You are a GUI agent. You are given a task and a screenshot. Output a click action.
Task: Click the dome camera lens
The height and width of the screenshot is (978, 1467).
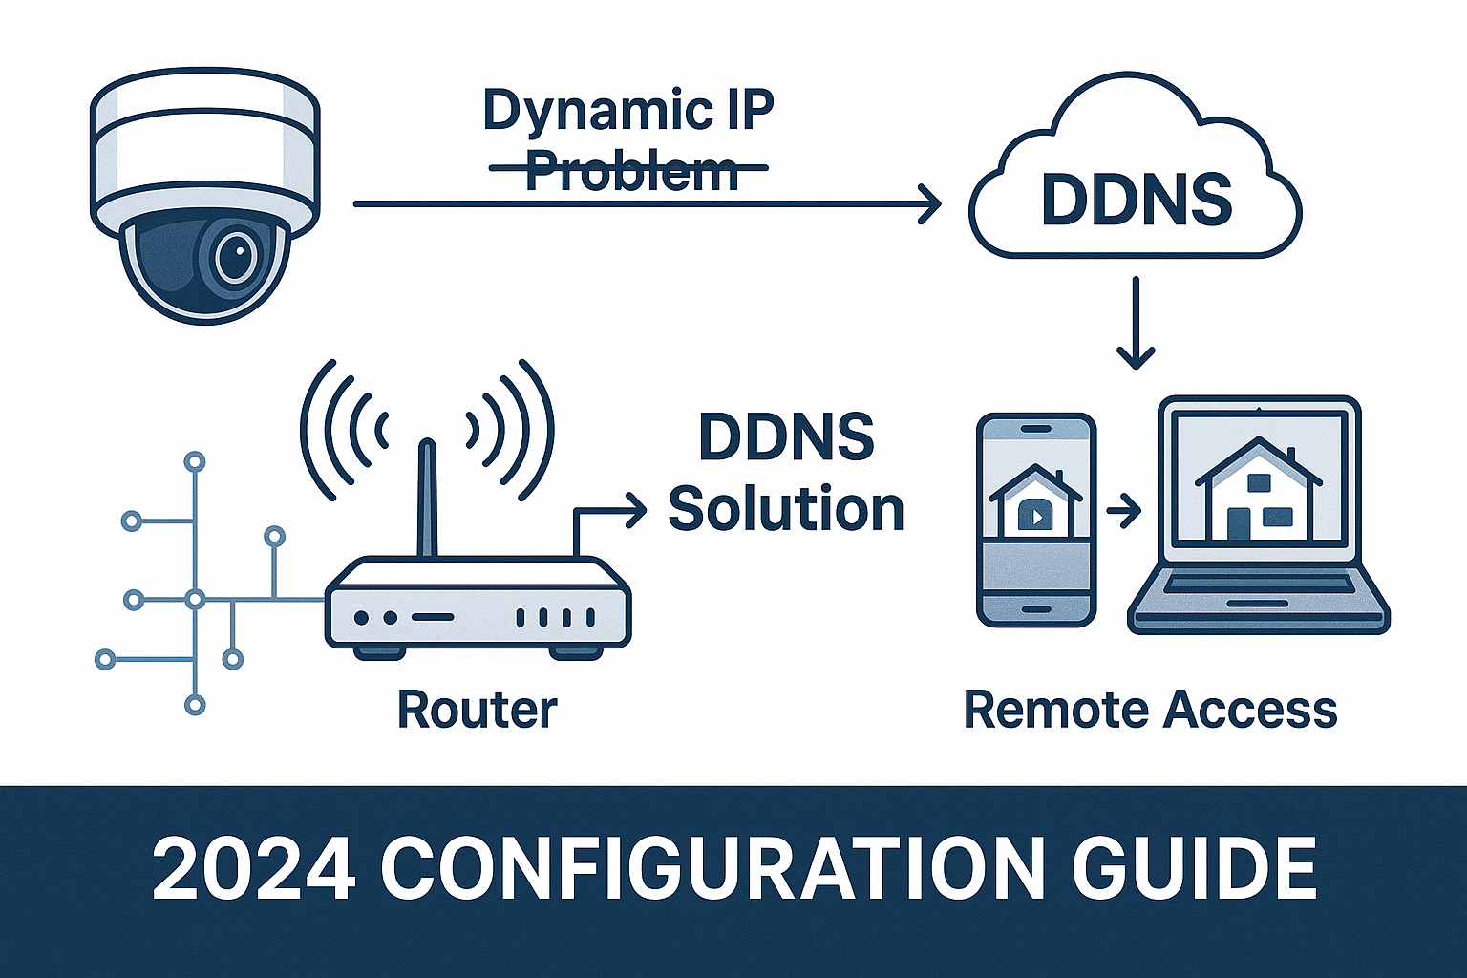(x=233, y=255)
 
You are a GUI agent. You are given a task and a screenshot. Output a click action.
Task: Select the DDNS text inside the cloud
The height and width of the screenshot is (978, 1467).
(x=1136, y=201)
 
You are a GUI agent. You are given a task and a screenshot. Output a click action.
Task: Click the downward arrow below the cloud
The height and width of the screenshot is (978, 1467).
(x=1136, y=325)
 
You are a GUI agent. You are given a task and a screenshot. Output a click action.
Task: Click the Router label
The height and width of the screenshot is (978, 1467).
(x=477, y=710)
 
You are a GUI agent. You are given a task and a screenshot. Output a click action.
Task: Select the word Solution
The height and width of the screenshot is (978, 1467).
(x=785, y=509)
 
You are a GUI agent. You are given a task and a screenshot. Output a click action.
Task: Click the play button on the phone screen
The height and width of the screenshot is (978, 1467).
(x=1033, y=516)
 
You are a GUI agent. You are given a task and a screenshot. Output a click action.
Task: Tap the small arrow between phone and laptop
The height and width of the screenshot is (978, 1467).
(x=1124, y=513)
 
